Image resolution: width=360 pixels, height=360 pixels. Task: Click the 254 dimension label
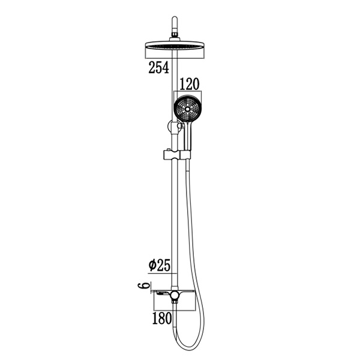(x=158, y=68)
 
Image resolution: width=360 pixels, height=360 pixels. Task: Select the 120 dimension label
(x=188, y=83)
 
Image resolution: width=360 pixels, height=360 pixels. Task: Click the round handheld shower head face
(x=187, y=109)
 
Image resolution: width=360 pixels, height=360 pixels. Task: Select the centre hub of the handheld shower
(x=187, y=109)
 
